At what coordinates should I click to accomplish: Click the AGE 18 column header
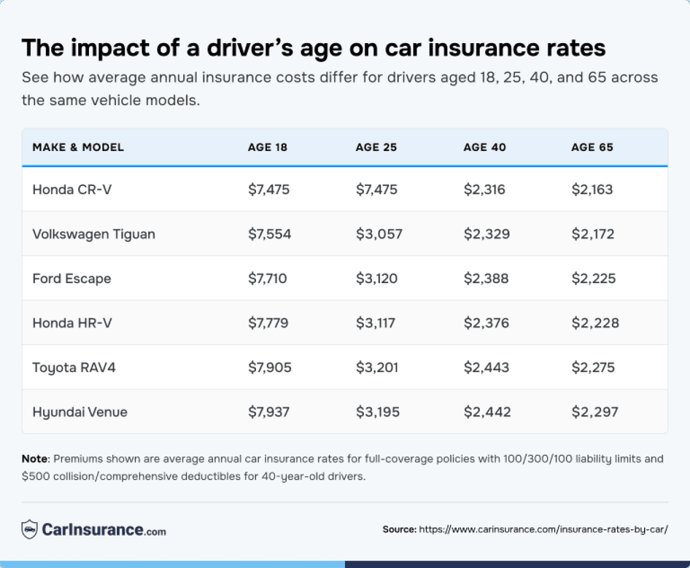click(268, 147)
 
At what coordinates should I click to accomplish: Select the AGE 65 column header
click(592, 147)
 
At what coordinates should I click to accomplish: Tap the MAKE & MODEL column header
click(78, 147)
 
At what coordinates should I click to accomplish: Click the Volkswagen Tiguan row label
click(94, 234)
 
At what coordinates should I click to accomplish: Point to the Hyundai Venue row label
click(80, 412)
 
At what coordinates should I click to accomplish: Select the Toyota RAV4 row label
click(74, 367)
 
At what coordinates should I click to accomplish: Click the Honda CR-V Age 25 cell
click(376, 190)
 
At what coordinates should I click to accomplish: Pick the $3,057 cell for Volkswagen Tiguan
click(379, 234)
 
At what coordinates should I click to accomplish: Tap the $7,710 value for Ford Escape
click(268, 279)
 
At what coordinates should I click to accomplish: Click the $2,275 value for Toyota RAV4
click(593, 367)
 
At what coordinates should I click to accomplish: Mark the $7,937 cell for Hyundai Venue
click(269, 412)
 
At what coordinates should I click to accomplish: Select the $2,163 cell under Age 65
click(592, 190)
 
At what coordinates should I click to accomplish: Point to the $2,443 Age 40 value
click(487, 367)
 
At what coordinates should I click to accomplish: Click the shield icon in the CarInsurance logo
click(29, 529)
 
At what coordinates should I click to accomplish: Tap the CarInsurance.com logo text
click(103, 530)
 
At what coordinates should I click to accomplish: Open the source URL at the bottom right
click(543, 529)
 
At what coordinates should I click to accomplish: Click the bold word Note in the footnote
click(34, 459)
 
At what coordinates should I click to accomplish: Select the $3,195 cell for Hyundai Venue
click(378, 412)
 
